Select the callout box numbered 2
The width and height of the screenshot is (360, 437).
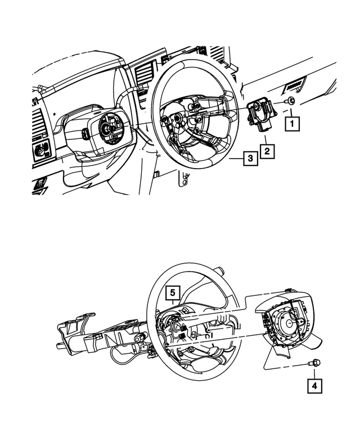click(x=267, y=150)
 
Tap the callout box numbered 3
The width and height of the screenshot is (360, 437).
click(x=250, y=159)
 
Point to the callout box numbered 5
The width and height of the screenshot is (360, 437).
click(x=173, y=292)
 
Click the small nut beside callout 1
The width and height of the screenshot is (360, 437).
click(x=290, y=101)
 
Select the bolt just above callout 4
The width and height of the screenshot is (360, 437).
click(x=314, y=364)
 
